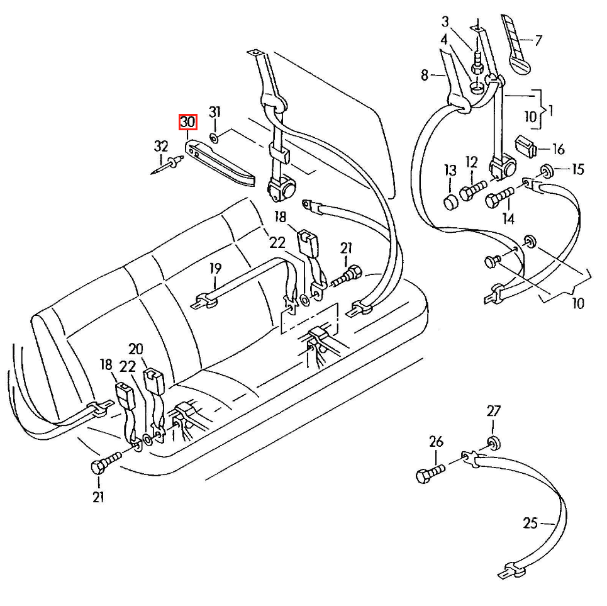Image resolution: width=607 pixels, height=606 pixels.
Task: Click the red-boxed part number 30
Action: pos(187,122)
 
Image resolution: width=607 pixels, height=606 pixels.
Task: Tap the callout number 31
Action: pos(215,112)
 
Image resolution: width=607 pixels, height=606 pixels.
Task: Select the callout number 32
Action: pos(161,147)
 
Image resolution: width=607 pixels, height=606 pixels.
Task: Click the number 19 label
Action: pos(216,268)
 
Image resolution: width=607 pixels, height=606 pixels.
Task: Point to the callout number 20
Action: pos(136,349)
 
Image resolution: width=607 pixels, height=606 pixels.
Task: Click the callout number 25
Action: pos(530,524)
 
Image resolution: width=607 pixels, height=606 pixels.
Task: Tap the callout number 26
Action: pos(437,441)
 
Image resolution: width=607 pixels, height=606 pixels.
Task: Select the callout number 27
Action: pos(494,411)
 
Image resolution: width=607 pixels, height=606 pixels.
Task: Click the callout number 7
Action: pos(538,40)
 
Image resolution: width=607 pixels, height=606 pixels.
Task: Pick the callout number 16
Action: pos(558,149)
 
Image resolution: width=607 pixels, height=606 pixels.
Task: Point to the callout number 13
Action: pos(450,171)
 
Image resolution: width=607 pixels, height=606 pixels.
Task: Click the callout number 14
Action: pos(508,219)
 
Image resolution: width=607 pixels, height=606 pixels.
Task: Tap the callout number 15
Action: pos(578,169)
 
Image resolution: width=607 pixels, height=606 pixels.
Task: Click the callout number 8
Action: pos(425,75)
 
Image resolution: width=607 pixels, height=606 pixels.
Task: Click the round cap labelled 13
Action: pos(450,203)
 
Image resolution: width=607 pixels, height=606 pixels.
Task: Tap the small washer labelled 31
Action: pos(214,137)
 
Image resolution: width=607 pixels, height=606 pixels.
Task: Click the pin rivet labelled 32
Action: pos(167,164)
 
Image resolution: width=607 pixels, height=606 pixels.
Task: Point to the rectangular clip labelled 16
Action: pos(525,147)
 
